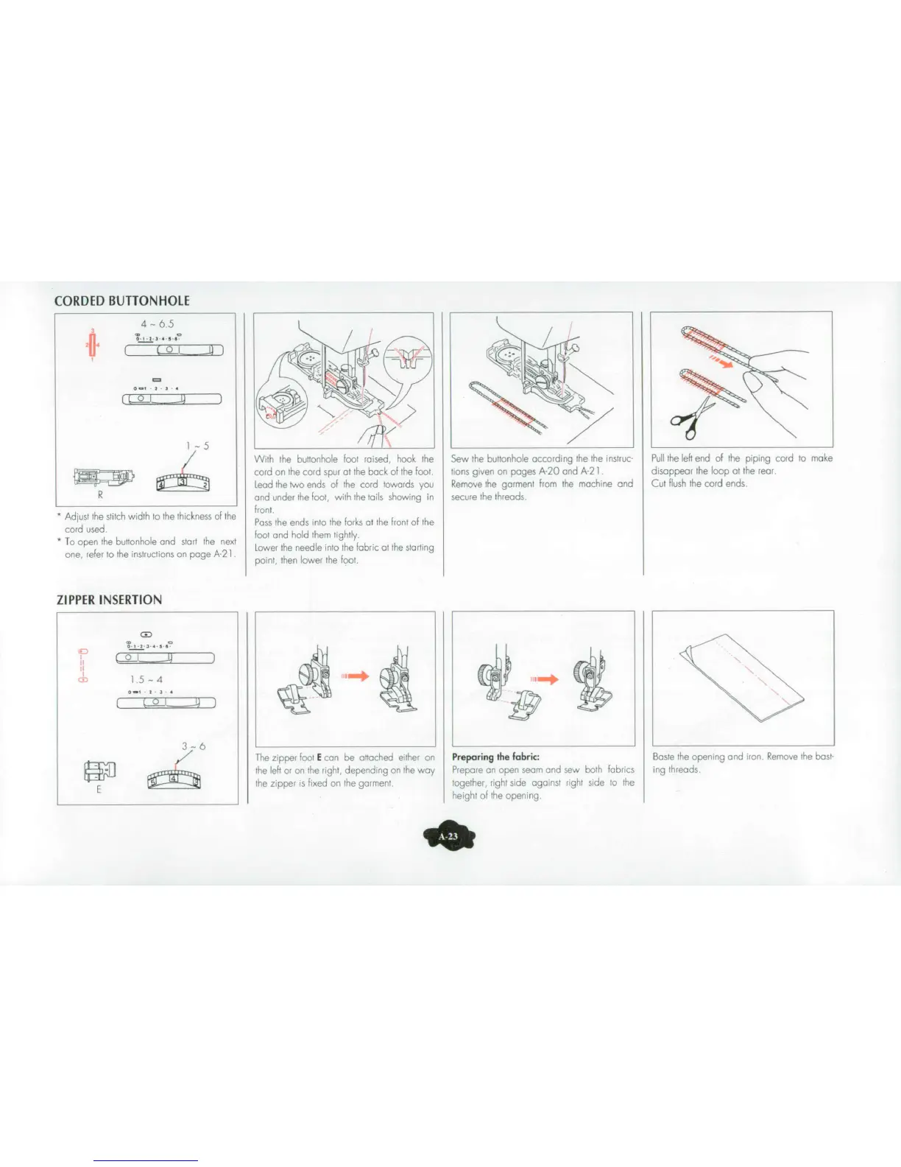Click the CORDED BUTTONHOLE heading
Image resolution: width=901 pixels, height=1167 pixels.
(x=122, y=301)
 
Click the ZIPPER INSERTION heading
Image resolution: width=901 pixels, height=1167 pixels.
(x=109, y=600)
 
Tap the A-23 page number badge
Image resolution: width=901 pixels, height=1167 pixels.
(x=448, y=836)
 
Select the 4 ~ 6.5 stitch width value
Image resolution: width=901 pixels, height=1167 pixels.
(x=158, y=323)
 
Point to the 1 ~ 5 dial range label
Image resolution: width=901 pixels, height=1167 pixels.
(x=197, y=446)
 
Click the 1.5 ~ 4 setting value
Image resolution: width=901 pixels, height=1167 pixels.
(x=146, y=679)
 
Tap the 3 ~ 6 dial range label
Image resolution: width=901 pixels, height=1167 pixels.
(x=194, y=746)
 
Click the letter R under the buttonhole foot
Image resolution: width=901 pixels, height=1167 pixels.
(x=100, y=496)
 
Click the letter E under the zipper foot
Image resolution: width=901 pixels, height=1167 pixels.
(x=99, y=790)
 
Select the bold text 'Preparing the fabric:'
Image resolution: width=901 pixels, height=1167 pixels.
(x=495, y=757)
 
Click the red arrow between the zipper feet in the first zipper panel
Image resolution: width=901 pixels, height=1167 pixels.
(x=355, y=676)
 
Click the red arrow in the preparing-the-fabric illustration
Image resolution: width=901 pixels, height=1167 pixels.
(x=545, y=679)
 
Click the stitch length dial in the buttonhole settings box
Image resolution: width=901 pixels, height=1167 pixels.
(x=183, y=483)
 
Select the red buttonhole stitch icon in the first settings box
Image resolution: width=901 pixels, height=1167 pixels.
(x=93, y=344)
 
